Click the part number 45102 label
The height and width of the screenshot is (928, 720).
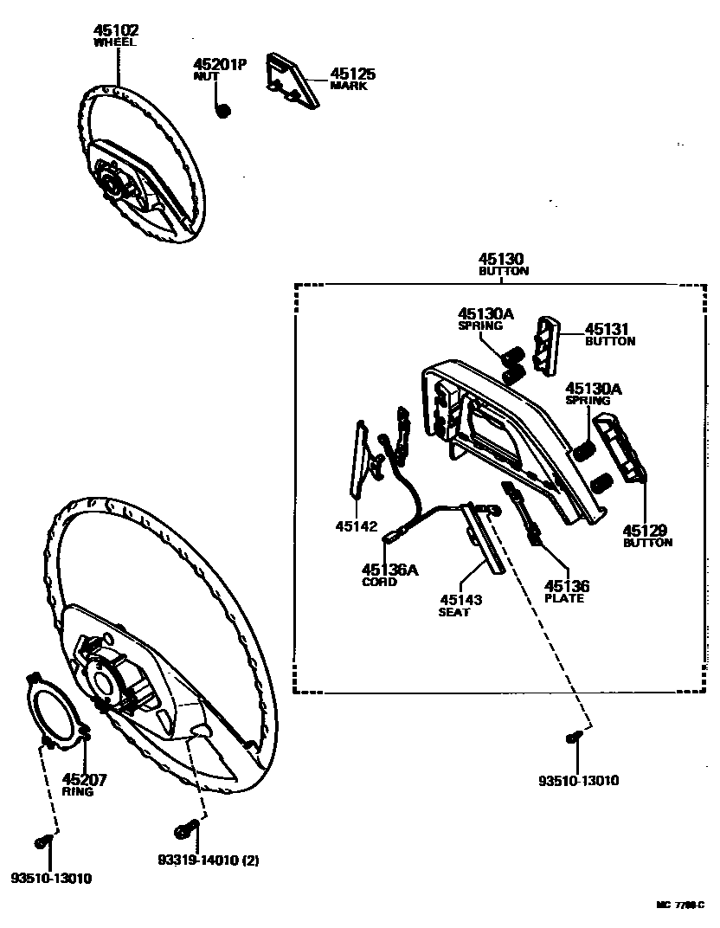pos(116,29)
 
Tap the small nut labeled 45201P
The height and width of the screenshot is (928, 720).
pos(222,110)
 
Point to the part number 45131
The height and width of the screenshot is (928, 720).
pos(607,329)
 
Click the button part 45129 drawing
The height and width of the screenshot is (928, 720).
pos(621,447)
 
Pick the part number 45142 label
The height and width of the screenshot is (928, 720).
pos(357,525)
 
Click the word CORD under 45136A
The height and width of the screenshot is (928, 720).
pos(380,582)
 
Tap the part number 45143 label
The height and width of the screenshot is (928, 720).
pos(460,599)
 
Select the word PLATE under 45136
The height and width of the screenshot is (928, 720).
pos(564,598)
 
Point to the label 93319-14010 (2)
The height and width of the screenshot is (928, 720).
pos(209,860)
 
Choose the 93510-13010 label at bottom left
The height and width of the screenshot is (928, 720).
pos(52,879)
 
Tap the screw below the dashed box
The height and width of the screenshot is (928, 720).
pos(572,738)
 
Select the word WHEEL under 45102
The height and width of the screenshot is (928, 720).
pos(116,42)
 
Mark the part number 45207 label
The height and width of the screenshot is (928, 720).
pos(84,779)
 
